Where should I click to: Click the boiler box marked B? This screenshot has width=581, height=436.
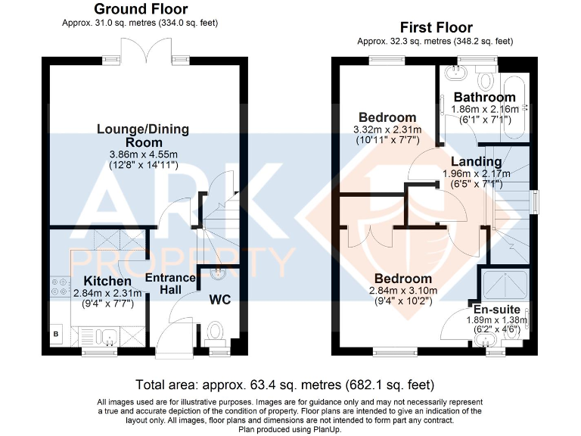tap(56, 332)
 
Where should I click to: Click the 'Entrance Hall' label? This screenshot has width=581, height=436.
tap(170, 284)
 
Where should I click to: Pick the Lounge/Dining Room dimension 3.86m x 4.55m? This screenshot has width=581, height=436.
tap(143, 154)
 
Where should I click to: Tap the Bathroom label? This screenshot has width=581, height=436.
tap(484, 97)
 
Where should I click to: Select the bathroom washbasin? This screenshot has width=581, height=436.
tap(456, 76)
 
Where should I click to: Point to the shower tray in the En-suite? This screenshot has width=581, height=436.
tap(505, 285)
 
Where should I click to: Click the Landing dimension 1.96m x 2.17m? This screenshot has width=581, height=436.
tap(477, 173)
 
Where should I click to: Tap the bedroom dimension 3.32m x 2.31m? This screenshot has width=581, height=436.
tap(387, 129)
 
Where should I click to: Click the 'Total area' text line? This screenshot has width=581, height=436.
tap(290, 384)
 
